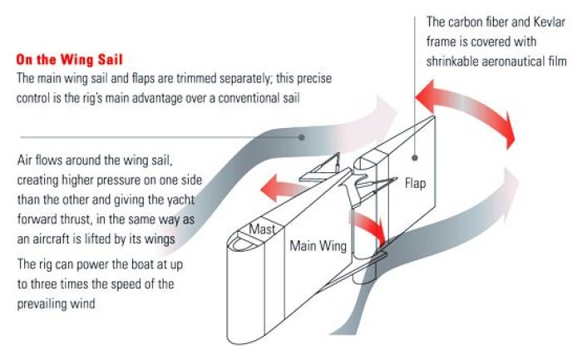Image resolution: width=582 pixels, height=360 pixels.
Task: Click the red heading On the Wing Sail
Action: (x=70, y=60)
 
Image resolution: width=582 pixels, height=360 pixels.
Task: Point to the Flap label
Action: (x=415, y=183)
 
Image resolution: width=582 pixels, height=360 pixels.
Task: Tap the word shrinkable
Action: (x=456, y=61)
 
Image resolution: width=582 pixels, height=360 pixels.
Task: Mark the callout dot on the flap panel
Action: (x=415, y=154)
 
